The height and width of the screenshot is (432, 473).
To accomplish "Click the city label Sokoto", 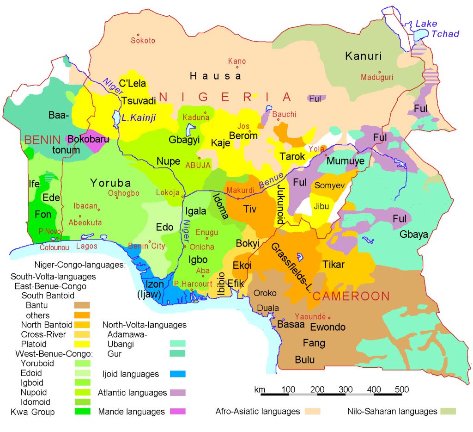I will click(143, 40).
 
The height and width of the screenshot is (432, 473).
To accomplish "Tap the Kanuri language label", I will click(364, 56).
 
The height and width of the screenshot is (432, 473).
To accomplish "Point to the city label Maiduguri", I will click(378, 77).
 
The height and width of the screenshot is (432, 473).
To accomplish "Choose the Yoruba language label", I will click(110, 182).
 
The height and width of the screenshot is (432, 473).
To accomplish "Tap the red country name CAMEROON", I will click(351, 296).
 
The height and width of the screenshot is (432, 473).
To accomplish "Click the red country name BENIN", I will click(43, 139).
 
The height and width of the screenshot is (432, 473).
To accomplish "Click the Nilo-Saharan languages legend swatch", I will click(448, 411).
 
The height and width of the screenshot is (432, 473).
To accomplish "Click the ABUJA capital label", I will click(198, 165).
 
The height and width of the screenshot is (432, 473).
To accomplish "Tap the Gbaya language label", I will click(414, 235).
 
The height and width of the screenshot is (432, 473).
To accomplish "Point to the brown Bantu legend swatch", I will click(81, 305).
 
